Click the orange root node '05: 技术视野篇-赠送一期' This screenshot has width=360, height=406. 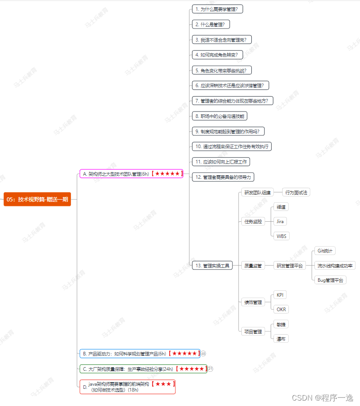pos(37,199)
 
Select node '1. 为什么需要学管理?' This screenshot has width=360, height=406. pos(218,9)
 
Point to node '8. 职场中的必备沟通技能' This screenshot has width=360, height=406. pos(220,116)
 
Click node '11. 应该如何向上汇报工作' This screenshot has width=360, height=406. pos(221,162)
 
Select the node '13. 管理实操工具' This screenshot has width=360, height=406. pos(212,266)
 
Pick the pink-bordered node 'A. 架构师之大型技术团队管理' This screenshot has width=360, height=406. pos(131,173)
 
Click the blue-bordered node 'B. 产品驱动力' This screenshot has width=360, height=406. pos(139,354)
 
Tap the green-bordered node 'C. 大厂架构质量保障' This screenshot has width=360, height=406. pos(143,369)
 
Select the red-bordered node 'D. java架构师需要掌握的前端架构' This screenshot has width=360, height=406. pos(128,387)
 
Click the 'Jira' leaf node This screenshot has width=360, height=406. pos(280,221)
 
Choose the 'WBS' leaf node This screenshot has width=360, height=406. pos(281,236)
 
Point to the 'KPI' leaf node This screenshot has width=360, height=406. pos(280,295)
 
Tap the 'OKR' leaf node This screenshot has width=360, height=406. pos(281,309)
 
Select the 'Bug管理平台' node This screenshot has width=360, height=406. pos(330,280)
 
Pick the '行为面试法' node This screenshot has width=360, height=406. pos(296,192)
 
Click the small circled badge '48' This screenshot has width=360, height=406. pos(203,354)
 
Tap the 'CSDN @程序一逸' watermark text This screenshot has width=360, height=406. pos(322,398)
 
